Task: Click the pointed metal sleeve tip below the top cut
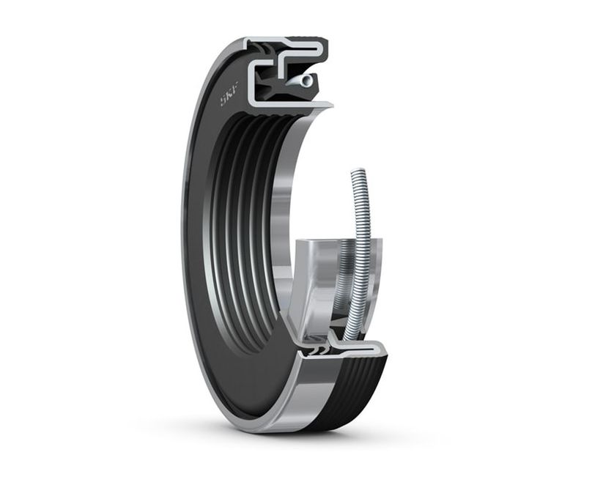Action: pyautogui.click(x=322, y=107)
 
